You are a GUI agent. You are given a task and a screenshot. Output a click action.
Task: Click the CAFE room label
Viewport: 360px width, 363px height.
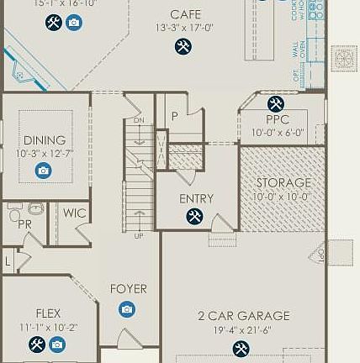click(x=185, y=14)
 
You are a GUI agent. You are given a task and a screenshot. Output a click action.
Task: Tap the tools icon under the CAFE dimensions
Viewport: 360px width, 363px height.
click(x=183, y=47)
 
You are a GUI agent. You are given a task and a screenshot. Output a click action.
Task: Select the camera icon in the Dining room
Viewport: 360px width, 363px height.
click(x=44, y=171)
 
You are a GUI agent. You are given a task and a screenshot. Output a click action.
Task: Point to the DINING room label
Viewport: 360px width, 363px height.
click(x=45, y=140)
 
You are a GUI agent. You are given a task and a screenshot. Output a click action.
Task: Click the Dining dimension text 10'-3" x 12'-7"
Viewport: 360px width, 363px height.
click(x=45, y=154)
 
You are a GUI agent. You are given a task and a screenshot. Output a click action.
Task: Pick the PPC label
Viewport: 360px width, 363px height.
click(x=278, y=120)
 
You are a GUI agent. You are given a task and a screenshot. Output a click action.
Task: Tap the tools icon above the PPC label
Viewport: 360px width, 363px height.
click(x=276, y=104)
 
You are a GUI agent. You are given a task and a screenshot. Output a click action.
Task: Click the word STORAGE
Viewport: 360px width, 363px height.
click(x=283, y=182)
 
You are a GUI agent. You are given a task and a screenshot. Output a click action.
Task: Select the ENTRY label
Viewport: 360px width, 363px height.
click(x=196, y=199)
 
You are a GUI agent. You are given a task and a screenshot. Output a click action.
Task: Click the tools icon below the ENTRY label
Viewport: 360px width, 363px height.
click(x=195, y=217)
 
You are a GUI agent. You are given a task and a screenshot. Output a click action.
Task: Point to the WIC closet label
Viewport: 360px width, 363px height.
click(x=74, y=213)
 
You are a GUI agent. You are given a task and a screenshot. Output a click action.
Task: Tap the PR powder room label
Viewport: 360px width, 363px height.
click(x=24, y=225)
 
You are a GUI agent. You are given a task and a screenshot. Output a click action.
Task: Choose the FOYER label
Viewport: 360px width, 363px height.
click(x=128, y=289)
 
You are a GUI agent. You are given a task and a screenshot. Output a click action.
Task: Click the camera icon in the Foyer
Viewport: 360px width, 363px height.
click(x=127, y=309)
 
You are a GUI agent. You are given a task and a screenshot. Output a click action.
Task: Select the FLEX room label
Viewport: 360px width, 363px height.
click(x=48, y=313)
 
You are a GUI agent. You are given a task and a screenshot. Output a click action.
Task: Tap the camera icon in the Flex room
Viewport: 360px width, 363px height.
click(x=57, y=344)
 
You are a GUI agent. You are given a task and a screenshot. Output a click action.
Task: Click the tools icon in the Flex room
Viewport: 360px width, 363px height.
click(x=37, y=344)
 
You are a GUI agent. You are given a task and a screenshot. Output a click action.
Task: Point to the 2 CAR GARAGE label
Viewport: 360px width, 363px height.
click(x=243, y=316)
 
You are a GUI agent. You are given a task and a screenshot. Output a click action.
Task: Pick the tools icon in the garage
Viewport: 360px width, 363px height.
click(x=241, y=348)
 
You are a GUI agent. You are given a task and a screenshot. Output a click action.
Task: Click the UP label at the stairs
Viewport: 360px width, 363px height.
click(x=139, y=236)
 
